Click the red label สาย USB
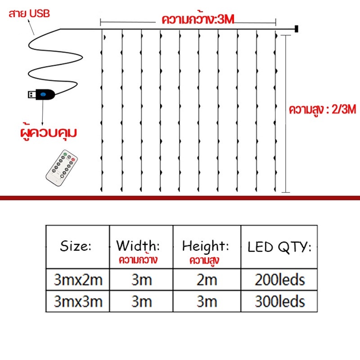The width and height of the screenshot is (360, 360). [x=29, y=14]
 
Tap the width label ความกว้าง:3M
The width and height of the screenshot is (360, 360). [x=198, y=19]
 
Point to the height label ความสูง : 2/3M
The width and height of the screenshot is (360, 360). [x=322, y=109]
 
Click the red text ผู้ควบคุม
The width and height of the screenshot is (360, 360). [x=49, y=133]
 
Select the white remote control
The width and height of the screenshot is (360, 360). [x=62, y=167]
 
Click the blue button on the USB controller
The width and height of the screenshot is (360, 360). [x=43, y=94]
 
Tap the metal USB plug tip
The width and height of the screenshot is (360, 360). [x=32, y=94]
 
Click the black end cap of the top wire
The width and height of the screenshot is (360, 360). [x=297, y=29]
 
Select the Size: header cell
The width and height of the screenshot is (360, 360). [x=77, y=247]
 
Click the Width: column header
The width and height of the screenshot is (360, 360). [x=141, y=247]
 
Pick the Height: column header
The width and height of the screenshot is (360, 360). [x=207, y=247]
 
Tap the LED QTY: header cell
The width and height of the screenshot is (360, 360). [x=279, y=247]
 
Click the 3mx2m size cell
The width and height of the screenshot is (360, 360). [x=77, y=279]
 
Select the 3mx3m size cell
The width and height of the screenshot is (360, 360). [x=77, y=301]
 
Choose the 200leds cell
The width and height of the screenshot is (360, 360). [x=279, y=279]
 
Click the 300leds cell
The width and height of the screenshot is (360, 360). [x=279, y=301]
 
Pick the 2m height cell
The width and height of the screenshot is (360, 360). [x=207, y=279]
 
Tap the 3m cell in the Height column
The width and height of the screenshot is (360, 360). [x=207, y=301]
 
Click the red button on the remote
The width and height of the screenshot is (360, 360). [x=73, y=160]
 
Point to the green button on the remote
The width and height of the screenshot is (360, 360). [x=65, y=154]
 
